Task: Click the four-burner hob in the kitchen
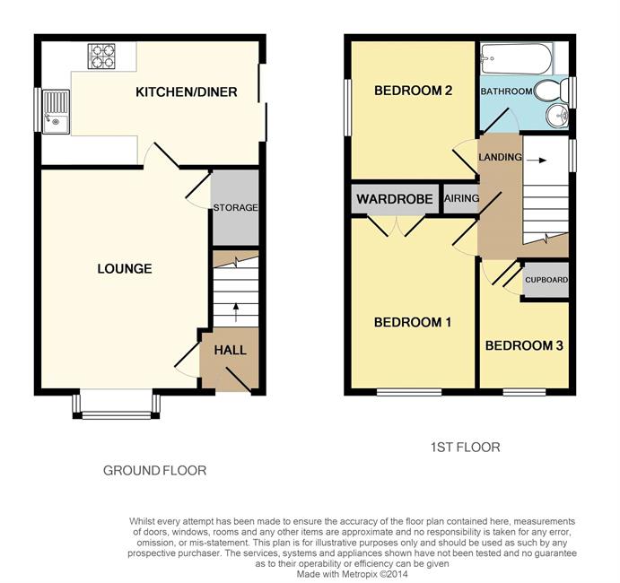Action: [x=101, y=57]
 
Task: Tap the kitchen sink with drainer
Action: [x=56, y=112]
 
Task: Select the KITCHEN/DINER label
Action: [x=187, y=92]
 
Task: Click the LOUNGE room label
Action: [x=125, y=269]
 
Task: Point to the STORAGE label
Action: [x=235, y=207]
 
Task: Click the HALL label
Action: [x=230, y=350]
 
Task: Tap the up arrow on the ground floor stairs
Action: [x=236, y=312]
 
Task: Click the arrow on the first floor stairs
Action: [x=537, y=160]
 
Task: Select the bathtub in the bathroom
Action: [x=516, y=58]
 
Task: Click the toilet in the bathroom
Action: [x=553, y=91]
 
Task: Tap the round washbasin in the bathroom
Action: [x=557, y=116]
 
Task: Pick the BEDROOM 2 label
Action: [x=414, y=91]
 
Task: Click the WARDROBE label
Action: [x=395, y=199]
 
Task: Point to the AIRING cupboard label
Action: [x=461, y=198]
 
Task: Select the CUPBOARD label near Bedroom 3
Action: [x=546, y=280]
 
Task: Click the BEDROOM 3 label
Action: [x=524, y=346]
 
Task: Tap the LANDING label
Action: [x=500, y=157]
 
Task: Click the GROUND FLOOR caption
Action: [x=154, y=470]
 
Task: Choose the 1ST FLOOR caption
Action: [x=466, y=447]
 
